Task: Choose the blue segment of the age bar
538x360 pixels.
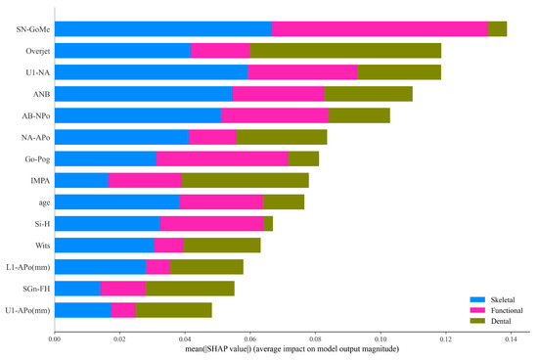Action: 116,202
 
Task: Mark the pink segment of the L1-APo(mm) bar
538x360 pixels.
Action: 157,266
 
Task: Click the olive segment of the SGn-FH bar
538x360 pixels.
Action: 190,288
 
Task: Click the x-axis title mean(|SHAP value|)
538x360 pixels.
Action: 281,349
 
